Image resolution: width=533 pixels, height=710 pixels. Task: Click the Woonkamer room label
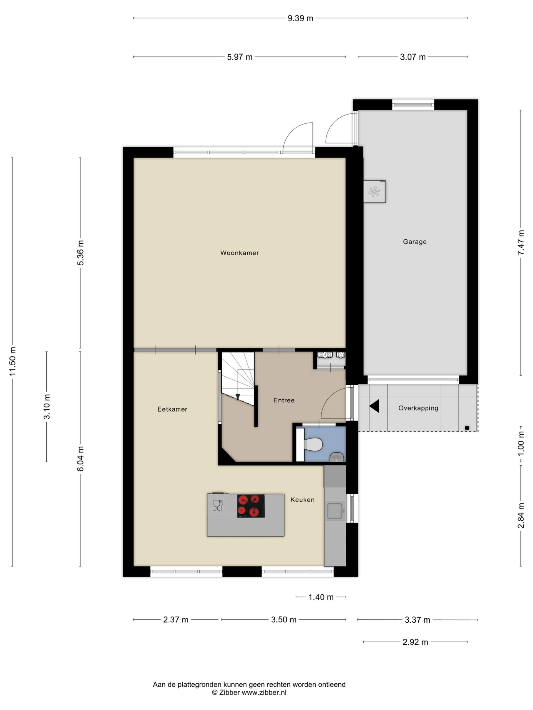[239, 253]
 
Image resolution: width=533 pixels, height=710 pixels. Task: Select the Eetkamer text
[172, 409]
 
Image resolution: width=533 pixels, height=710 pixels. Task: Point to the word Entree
[284, 400]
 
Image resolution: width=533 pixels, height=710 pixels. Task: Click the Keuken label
[302, 499]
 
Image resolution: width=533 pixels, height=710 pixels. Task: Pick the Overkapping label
[418, 408]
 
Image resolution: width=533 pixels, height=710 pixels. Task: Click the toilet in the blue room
[313, 445]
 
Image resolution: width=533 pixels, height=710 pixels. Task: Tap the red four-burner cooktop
[251, 506]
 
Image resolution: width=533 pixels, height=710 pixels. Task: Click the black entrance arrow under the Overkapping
[374, 406]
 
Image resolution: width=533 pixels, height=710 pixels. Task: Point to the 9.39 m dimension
[300, 18]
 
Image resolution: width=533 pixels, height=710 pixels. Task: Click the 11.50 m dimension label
[12, 361]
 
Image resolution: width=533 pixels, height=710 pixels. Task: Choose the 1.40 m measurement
[321, 597]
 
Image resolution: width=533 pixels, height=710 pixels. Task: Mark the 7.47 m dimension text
[521, 243]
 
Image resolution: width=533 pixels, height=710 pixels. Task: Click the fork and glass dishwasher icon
[218, 505]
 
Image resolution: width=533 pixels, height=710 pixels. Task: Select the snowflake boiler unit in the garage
[374, 192]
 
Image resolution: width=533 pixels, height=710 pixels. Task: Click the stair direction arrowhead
[238, 397]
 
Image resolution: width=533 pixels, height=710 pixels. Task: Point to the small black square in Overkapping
[467, 428]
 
